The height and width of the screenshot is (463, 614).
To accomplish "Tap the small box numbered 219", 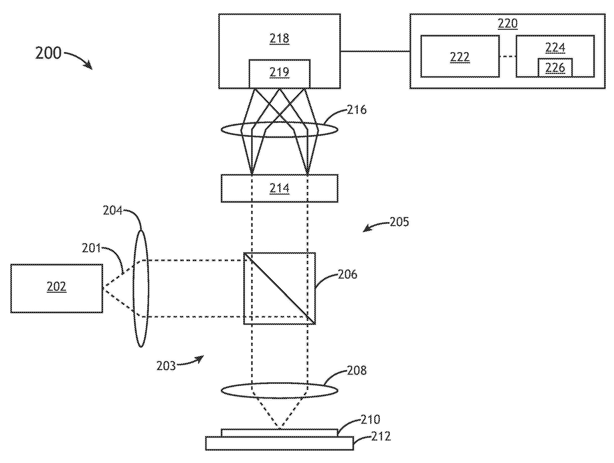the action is [279, 74].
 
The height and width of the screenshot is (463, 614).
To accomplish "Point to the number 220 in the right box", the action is [507, 24].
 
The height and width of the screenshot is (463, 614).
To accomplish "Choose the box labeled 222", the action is [460, 56].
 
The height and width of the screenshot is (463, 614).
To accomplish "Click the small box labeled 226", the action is [555, 68].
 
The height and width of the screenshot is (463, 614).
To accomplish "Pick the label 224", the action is [555, 48].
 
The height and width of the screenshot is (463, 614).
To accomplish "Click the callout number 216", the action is [357, 110].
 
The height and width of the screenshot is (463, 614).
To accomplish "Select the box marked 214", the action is [279, 188].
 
